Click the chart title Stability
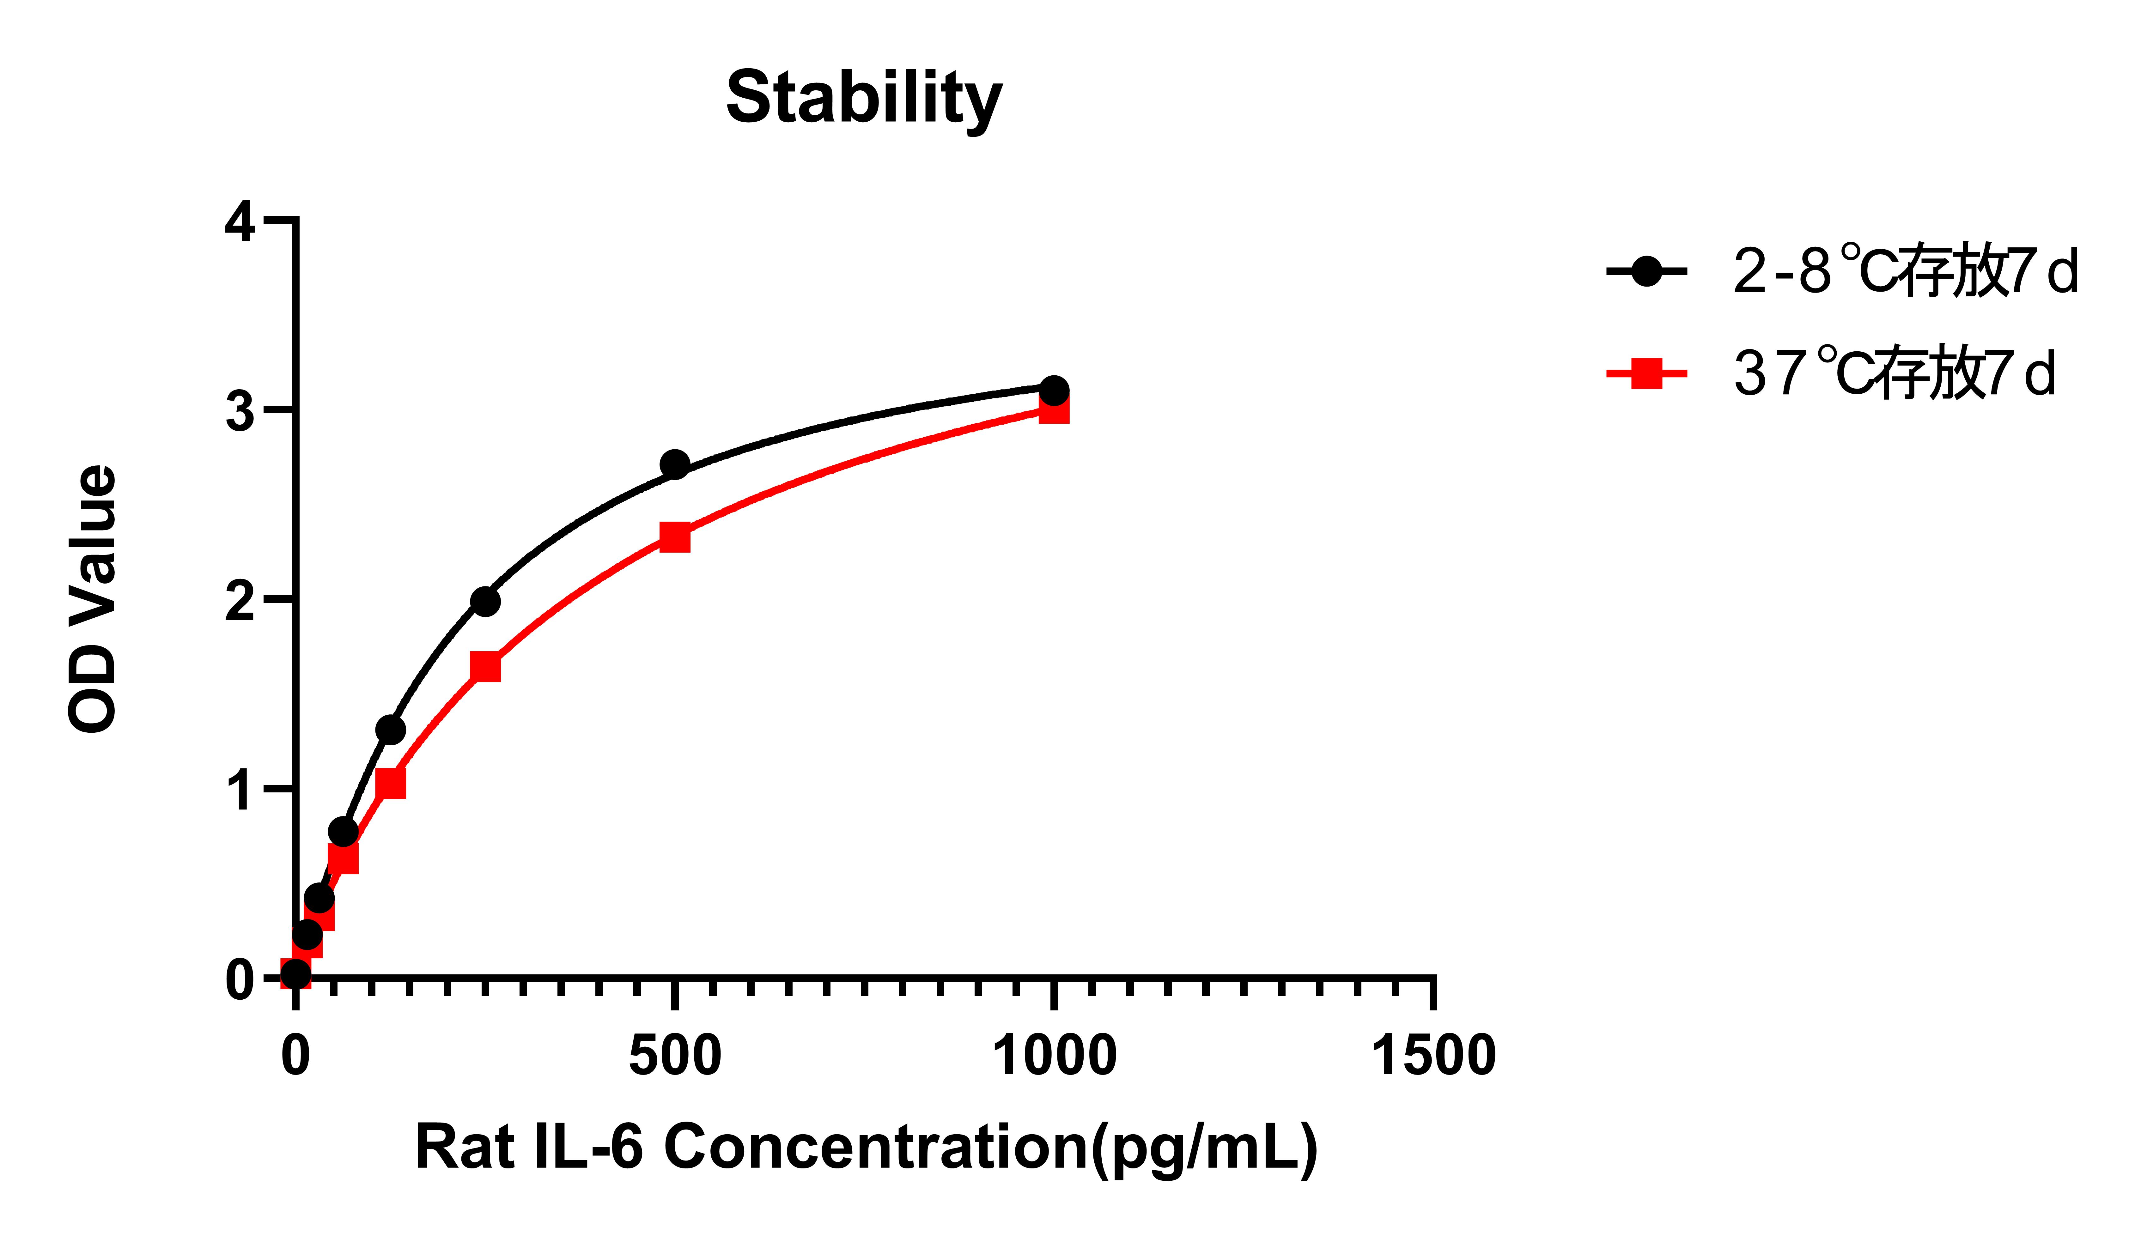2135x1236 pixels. (x=864, y=99)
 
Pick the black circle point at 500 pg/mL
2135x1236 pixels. (x=674, y=464)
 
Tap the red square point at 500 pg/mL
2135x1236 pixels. (x=674, y=537)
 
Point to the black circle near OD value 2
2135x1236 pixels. (x=485, y=602)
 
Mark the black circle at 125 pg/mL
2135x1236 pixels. (x=390, y=730)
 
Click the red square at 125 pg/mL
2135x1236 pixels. (x=390, y=784)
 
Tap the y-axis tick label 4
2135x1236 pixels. (x=240, y=222)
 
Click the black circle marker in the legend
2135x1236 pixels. (x=1646, y=272)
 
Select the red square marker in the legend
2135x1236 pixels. (x=1646, y=373)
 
